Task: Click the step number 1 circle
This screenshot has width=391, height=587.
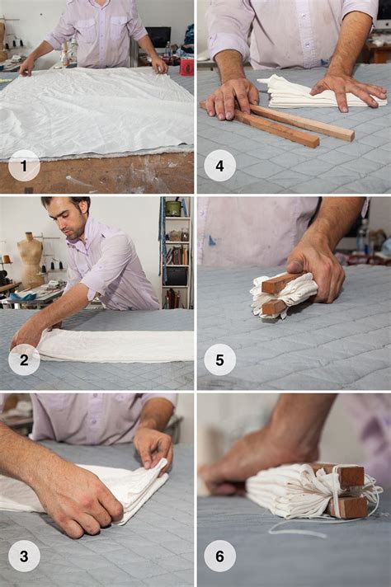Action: coord(24,165)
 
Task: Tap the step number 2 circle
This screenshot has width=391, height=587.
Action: coord(24,360)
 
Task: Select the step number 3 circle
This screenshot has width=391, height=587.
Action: coord(24,556)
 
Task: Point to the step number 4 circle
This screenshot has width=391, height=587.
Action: coord(219,165)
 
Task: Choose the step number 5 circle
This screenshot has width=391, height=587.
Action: coord(219,360)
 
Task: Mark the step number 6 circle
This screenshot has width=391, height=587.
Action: coord(219,556)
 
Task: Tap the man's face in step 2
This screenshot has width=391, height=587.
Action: coord(64,220)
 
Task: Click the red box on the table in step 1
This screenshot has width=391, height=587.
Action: coord(187,67)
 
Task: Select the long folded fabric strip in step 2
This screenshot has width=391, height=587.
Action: coord(115,345)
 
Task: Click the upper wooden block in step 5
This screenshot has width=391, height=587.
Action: coord(280,284)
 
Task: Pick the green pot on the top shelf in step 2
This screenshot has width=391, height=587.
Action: coord(173,208)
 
